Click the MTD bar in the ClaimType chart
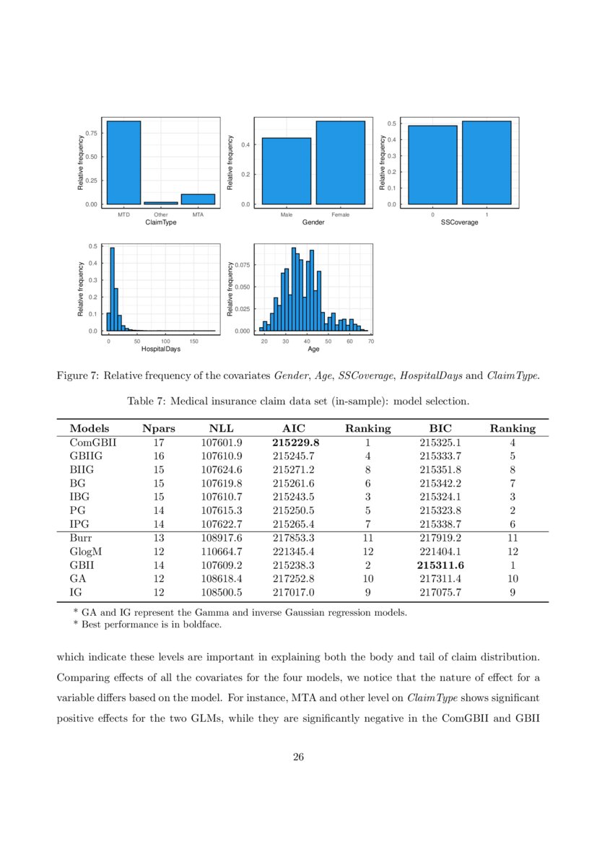pos(123,162)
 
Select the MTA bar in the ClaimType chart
pos(197,199)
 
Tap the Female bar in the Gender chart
pos(340,162)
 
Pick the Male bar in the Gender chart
pos(286,171)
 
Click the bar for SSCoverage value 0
pos(432,165)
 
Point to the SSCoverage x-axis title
pos(459,222)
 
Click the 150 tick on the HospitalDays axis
pos(193,340)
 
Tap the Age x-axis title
pos(313,349)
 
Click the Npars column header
pos(159,428)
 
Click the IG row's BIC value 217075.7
pos(440,593)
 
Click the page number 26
pos(298,757)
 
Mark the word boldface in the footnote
pos(201,625)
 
